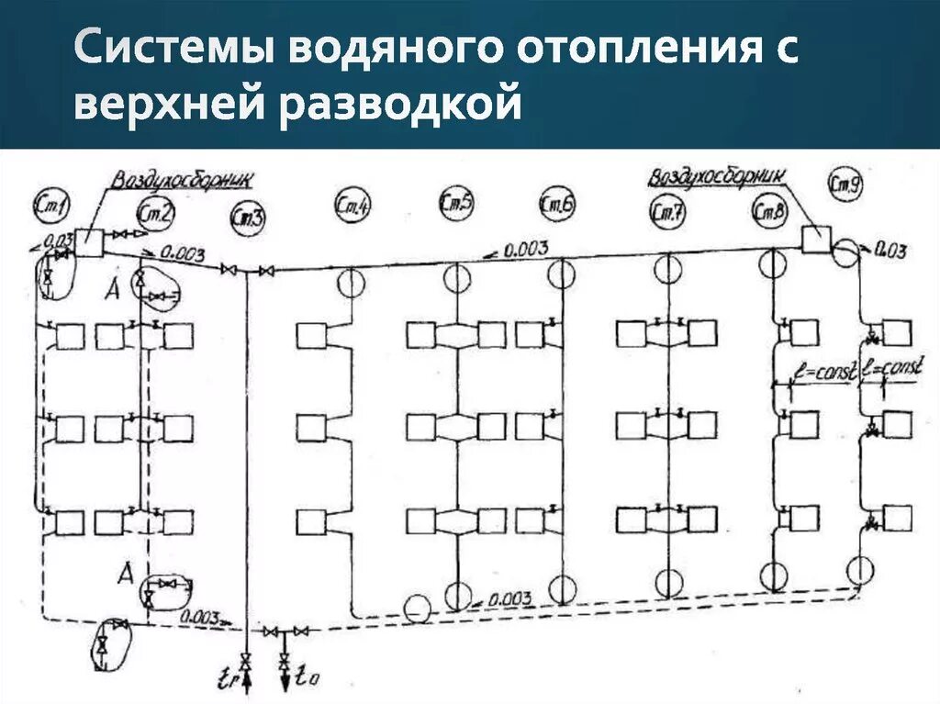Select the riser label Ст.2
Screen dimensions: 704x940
(155, 212)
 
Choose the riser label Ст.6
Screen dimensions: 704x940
(557, 207)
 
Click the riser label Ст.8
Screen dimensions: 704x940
(768, 212)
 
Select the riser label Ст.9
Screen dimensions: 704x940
(844, 184)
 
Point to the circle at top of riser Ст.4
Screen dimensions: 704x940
(350, 284)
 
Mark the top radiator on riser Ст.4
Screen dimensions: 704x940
(311, 334)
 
